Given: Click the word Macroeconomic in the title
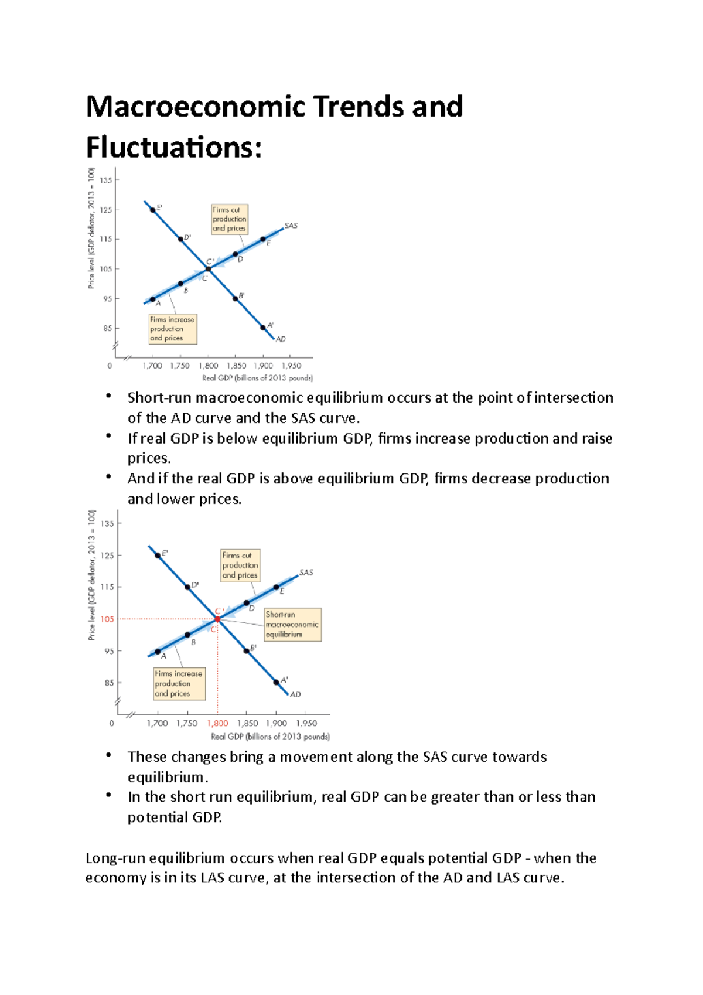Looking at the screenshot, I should click(196, 107).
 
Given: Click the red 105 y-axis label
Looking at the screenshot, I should click(107, 619).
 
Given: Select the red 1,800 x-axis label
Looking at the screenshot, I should click(217, 723).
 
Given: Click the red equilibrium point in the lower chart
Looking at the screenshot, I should click(217, 619).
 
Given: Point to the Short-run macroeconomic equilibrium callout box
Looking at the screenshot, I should click(292, 624).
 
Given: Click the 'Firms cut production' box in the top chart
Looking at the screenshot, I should click(229, 219).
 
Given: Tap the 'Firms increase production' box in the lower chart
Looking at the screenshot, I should click(179, 683).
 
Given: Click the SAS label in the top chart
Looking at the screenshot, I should click(291, 226).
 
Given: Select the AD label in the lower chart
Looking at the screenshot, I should click(295, 694).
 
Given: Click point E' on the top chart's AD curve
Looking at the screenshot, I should click(153, 210).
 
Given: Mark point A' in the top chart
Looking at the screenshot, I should click(263, 328).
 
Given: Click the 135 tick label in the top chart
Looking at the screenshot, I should click(106, 180).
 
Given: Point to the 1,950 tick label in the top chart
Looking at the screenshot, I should click(291, 366).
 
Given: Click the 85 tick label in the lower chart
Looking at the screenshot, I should click(109, 683).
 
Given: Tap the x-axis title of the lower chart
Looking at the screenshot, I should click(270, 737).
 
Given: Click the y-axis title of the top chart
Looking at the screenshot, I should click(91, 229).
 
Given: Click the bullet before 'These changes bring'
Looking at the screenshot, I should click(108, 755).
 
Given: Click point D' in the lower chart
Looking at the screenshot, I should click(187, 587).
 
